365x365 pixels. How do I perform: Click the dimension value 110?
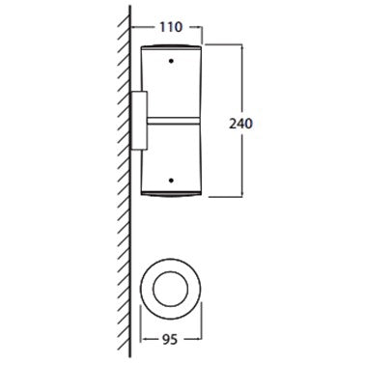171,27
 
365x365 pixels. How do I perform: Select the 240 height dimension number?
240,124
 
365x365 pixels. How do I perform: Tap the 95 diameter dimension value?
170,340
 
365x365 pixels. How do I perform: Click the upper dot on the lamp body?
171,61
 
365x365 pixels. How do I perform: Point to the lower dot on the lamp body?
171,181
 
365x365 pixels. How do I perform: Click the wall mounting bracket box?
139,121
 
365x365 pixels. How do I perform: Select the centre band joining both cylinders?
174,121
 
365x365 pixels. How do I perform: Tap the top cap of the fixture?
171,46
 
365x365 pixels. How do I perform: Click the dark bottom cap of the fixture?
171,193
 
